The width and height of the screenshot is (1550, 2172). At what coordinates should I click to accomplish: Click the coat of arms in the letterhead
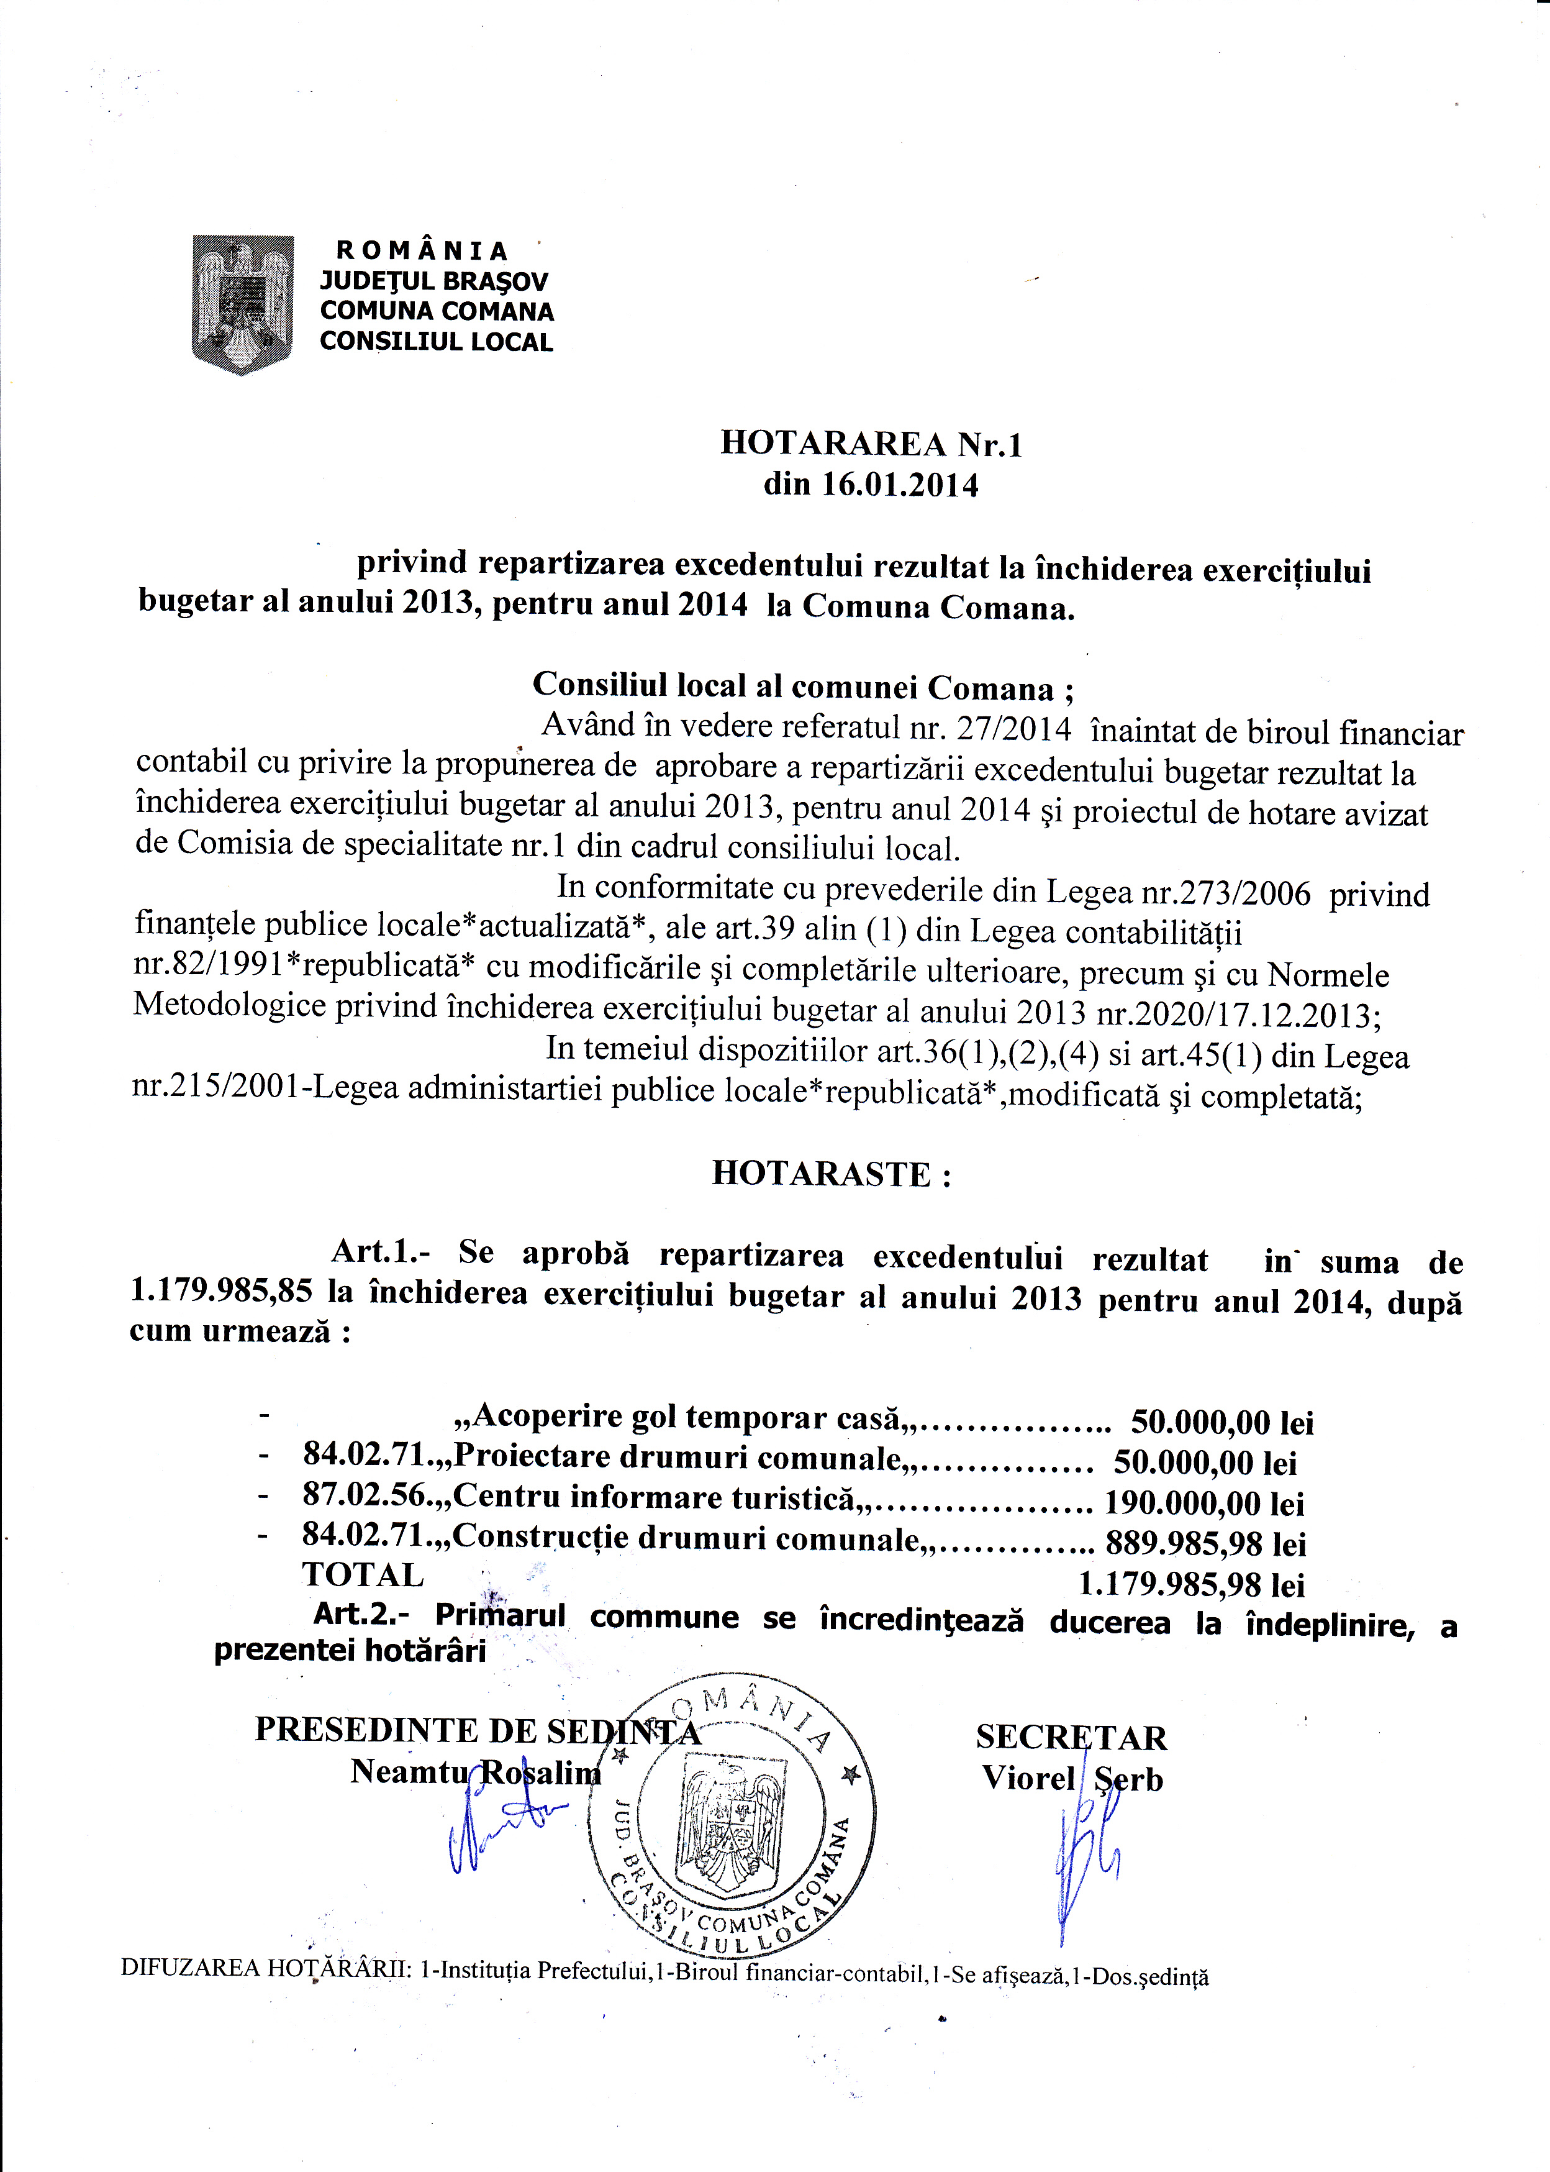[242, 304]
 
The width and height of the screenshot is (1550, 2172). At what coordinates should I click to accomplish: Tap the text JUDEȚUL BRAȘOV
[433, 281]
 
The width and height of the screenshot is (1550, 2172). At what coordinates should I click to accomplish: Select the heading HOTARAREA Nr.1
[871, 444]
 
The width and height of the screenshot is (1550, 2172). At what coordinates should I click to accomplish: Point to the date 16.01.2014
[900, 485]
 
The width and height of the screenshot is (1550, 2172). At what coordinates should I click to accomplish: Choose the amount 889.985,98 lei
[1205, 1544]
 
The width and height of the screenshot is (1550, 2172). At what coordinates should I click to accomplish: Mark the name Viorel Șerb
[1072, 1779]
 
